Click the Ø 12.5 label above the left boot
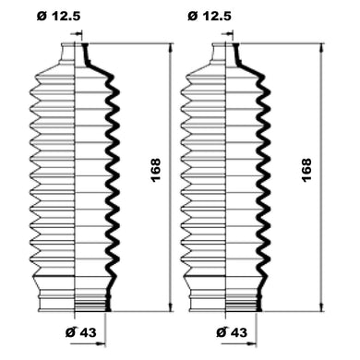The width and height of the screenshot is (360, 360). [59, 16]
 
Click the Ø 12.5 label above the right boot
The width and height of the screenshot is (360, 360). [210, 16]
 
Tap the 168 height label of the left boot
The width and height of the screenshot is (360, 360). [156, 170]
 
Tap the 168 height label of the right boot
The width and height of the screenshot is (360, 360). [306, 170]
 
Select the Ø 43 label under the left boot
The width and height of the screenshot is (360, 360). [80, 332]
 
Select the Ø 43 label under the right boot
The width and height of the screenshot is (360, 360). [232, 332]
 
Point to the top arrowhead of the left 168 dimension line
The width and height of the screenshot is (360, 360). [171, 49]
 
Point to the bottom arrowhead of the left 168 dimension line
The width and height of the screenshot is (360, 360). [171, 306]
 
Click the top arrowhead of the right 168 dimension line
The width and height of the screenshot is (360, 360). [321, 49]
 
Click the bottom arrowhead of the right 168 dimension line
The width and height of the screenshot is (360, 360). [321, 306]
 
